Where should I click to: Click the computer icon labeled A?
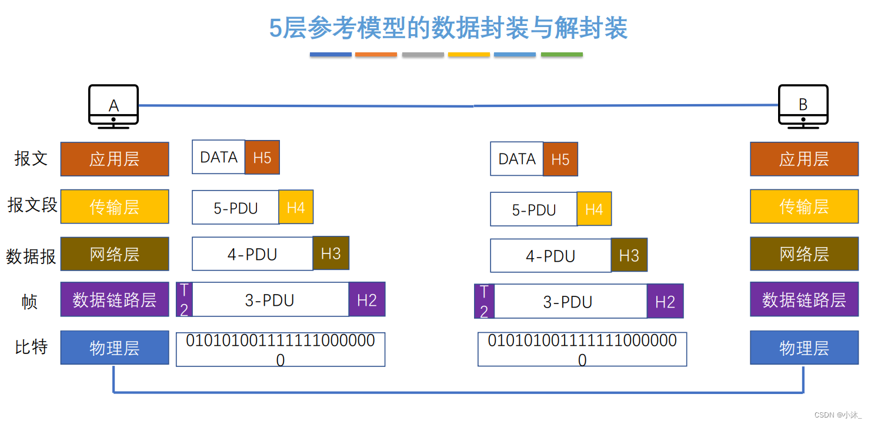coord(114,105)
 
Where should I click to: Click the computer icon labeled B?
coord(803,105)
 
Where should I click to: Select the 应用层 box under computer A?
coord(115,159)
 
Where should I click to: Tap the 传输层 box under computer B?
coord(804,206)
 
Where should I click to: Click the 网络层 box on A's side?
coord(115,254)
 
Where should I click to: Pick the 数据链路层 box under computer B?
coord(804,300)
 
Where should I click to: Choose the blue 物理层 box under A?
coord(115,348)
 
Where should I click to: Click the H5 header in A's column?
coord(262,158)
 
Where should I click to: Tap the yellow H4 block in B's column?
coord(594,209)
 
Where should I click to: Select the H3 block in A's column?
coord(331,253)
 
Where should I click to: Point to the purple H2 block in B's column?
coord(665,302)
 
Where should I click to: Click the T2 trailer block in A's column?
coord(184,299)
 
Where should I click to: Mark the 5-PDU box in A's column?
coord(235,208)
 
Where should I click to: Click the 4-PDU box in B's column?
coord(550,256)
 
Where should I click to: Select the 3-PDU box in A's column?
coord(270,300)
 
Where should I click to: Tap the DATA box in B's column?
coord(516,159)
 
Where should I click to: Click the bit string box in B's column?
coord(582,349)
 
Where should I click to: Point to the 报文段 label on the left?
coord(32,205)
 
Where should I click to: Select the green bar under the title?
coord(562,55)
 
